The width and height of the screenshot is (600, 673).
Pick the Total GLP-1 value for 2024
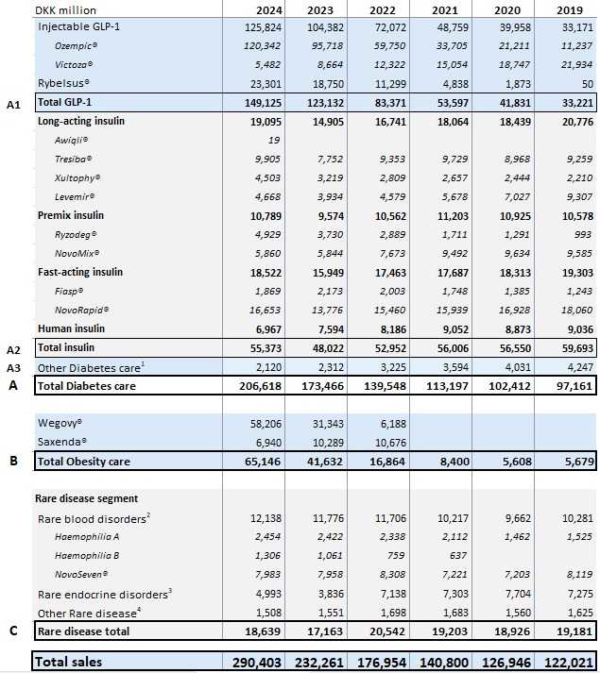pyautogui.click(x=262, y=102)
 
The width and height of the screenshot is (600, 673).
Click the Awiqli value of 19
pyautogui.click(x=274, y=140)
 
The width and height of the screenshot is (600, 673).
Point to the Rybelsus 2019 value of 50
pyautogui.click(x=586, y=83)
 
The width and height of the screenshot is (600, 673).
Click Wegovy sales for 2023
pyautogui.click(x=329, y=423)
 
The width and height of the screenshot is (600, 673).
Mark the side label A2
pyautogui.click(x=13, y=348)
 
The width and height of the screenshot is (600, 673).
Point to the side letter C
pyautogui.click(x=13, y=631)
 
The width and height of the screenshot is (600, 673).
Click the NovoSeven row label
pyautogui.click(x=81, y=574)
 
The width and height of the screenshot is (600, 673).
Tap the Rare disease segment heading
pyautogui.click(x=88, y=498)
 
